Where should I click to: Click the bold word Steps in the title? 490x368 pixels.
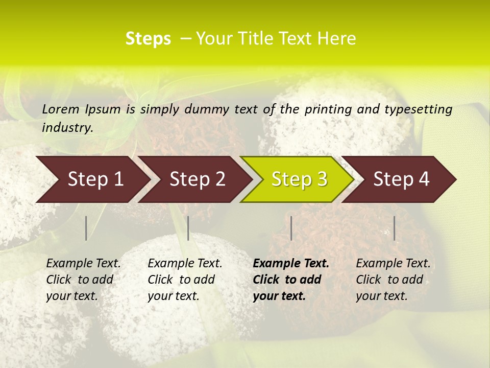point(148,39)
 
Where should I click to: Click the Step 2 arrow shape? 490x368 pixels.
point(196,179)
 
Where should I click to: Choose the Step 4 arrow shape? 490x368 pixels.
point(400,179)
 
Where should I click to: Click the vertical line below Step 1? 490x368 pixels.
point(86,228)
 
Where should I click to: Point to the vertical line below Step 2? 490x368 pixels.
point(188,228)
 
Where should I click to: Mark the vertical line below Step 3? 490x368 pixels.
point(291,228)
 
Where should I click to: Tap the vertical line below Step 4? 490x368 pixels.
point(394,228)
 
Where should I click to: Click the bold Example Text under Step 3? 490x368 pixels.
point(291,264)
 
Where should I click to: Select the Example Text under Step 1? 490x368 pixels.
point(83,264)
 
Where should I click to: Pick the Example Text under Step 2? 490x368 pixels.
point(185,264)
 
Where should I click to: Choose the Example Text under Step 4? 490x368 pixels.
point(393,264)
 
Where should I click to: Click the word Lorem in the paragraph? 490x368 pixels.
point(61,109)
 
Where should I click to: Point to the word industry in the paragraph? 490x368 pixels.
point(67,128)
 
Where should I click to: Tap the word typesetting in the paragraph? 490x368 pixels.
point(423,109)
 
